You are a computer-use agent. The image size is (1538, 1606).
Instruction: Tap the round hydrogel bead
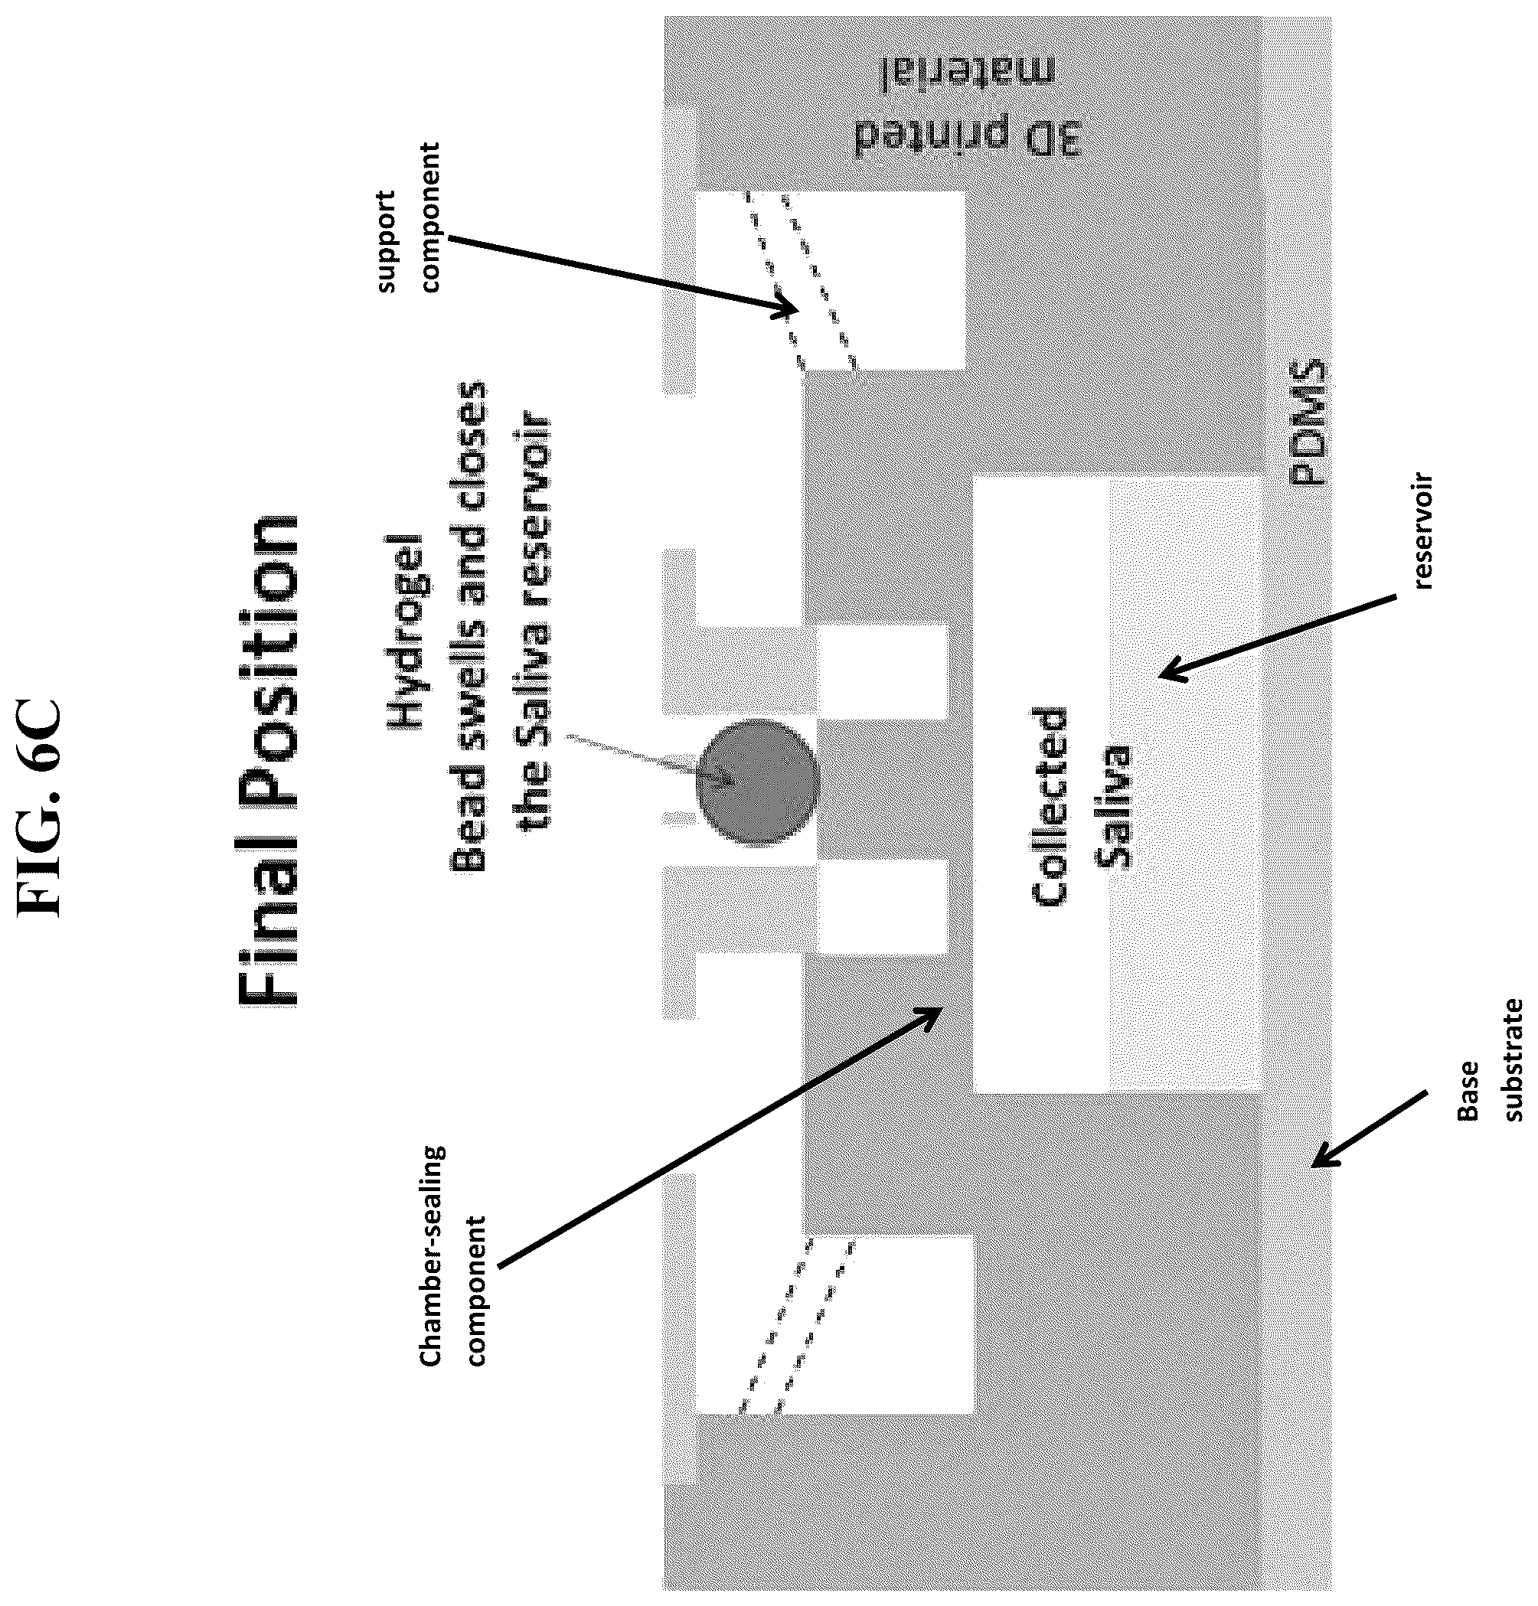click(x=757, y=782)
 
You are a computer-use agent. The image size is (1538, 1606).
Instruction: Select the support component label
click(x=407, y=218)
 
